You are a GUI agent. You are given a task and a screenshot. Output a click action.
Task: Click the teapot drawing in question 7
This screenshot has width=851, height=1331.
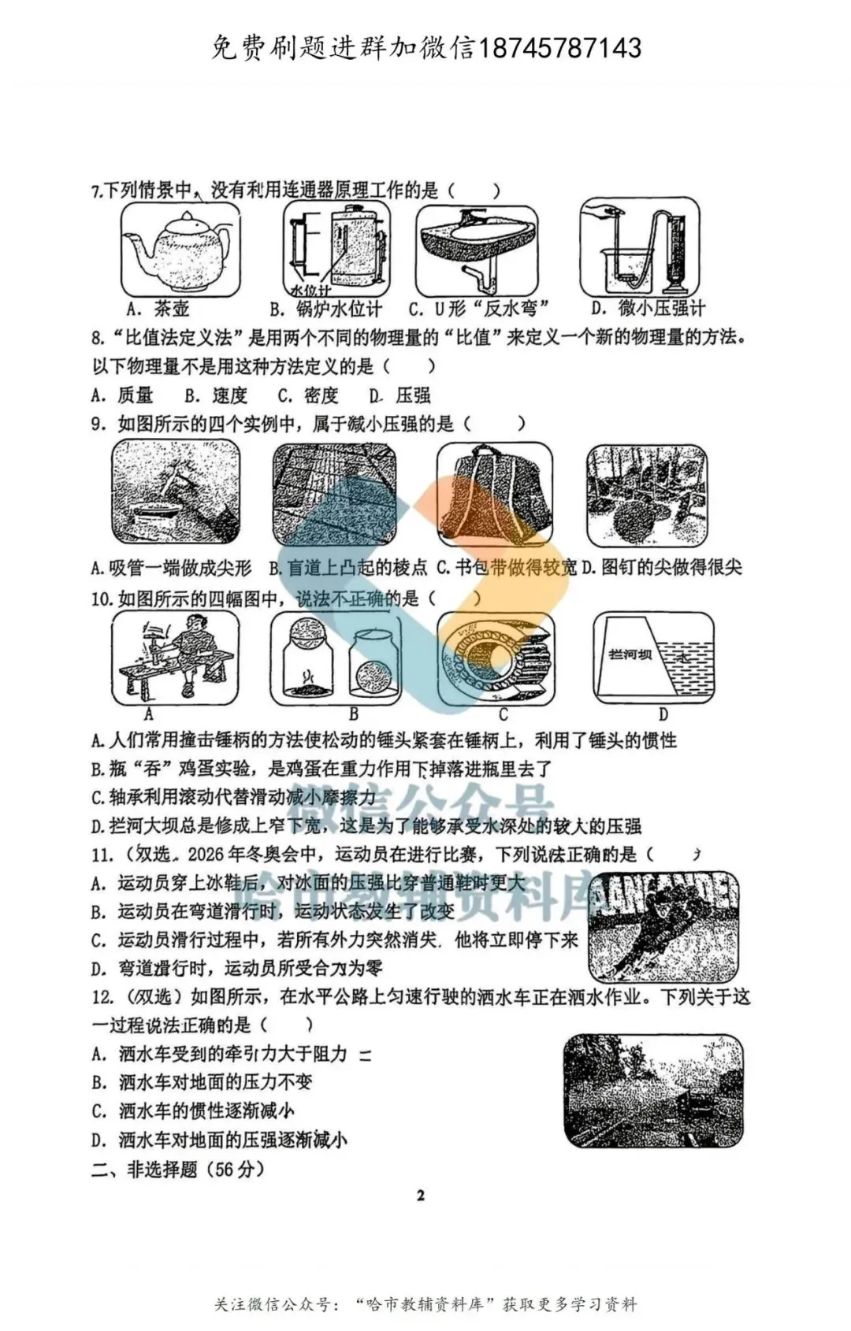coord(180,250)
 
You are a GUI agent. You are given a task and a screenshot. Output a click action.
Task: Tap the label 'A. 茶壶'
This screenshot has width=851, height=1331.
coord(158,308)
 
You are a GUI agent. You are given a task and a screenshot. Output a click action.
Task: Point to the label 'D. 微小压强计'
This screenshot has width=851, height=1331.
coord(648,308)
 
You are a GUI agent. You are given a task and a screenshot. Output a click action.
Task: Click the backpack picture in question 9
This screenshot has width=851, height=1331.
coord(495,495)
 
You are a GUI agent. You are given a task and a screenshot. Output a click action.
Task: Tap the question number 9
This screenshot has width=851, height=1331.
coord(98,424)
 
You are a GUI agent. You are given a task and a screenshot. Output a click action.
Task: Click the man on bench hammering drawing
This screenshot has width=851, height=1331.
coord(175,658)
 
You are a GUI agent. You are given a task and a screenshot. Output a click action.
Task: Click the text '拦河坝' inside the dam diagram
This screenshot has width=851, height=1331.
coord(630,654)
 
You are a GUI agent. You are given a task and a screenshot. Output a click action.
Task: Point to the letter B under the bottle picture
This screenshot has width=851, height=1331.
coord(353,714)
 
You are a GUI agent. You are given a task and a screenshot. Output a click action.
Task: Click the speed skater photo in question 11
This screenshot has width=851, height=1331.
coord(663,925)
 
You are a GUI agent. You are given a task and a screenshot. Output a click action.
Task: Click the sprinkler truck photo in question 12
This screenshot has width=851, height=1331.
coord(654,1092)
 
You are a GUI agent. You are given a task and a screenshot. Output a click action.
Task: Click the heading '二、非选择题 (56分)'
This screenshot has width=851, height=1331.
coord(177,1169)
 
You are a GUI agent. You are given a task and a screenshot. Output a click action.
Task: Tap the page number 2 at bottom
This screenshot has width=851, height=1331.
coord(420,1195)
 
